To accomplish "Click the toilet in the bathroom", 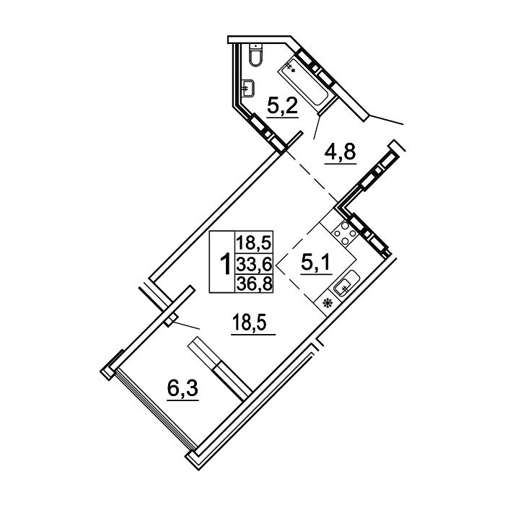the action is coord(256,55).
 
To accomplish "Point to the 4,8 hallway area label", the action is coord(340,153).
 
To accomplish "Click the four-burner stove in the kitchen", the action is coord(344,232).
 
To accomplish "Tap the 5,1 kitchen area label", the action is coord(316,263).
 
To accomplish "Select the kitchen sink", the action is coord(346,283).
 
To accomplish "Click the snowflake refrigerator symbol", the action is coord(328,303).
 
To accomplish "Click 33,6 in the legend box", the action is coord(255,265).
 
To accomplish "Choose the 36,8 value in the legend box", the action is coord(255,284).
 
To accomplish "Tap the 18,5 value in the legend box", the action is coord(255,242).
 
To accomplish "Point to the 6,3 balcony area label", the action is coord(183,389).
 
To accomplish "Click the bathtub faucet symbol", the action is coord(291,67).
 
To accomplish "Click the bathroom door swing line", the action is coord(317,127).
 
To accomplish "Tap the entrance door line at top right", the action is coord(386,119).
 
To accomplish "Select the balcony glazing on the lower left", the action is coord(155,408).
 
